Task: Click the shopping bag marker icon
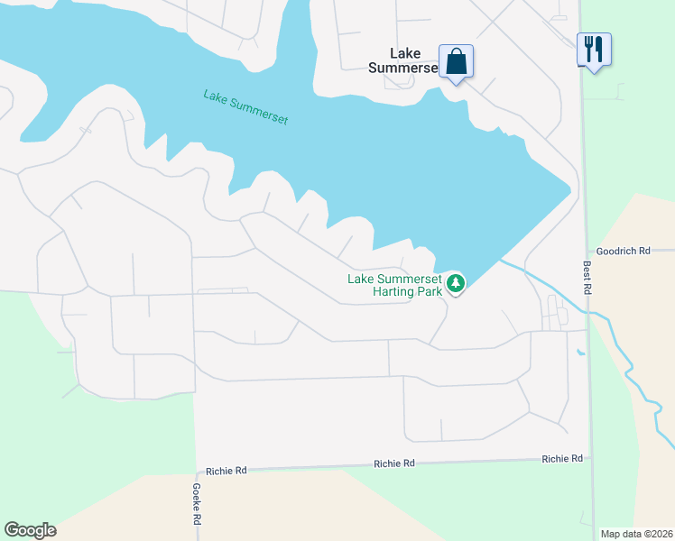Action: [456, 61]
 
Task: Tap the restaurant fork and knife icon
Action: [594, 49]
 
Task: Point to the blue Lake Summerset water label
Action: [245, 106]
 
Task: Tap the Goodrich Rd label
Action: [623, 252]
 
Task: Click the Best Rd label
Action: [587, 279]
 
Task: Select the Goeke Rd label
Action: [196, 504]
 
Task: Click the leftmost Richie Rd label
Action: [226, 471]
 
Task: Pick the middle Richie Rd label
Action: [394, 463]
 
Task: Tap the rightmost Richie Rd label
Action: [561, 459]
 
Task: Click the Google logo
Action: [30, 530]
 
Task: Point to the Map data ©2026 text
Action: [636, 534]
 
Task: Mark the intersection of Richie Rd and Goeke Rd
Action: [196, 471]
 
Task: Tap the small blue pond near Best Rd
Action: [580, 352]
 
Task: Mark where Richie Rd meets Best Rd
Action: [590, 459]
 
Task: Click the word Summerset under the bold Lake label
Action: [403, 68]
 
